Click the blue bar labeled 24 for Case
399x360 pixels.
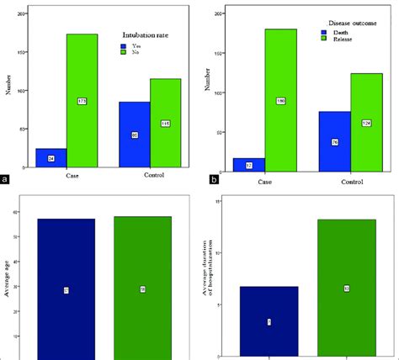(x=51, y=159)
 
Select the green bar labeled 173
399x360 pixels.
(x=82, y=101)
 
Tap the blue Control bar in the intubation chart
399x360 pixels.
(x=135, y=135)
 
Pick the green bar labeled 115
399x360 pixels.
(x=165, y=124)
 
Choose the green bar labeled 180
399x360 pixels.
(x=280, y=101)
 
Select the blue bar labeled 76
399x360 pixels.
(x=335, y=140)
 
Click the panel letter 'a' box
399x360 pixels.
(x=7, y=179)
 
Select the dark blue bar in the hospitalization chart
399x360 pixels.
(x=269, y=322)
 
